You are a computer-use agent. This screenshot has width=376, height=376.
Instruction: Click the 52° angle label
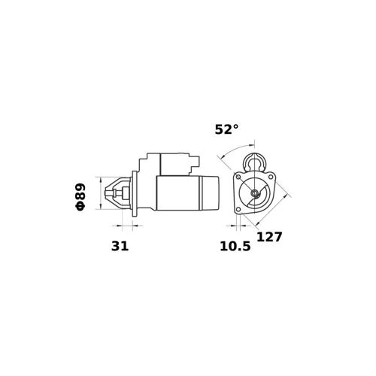tap(226, 129)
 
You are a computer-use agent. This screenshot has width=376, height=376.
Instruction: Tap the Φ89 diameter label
tap(80, 197)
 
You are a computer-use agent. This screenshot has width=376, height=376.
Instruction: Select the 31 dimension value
tap(120, 246)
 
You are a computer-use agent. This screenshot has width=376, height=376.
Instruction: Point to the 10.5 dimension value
tap(235, 246)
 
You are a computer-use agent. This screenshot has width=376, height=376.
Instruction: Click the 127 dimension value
tap(269, 237)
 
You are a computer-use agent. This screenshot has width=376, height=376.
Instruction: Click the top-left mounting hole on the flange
tap(238, 177)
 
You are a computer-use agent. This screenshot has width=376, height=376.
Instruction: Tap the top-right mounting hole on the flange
tap(271, 177)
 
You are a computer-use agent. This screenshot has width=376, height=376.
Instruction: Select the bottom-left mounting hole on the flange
tap(238, 209)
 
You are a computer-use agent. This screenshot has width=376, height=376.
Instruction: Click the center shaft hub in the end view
tap(255, 193)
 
